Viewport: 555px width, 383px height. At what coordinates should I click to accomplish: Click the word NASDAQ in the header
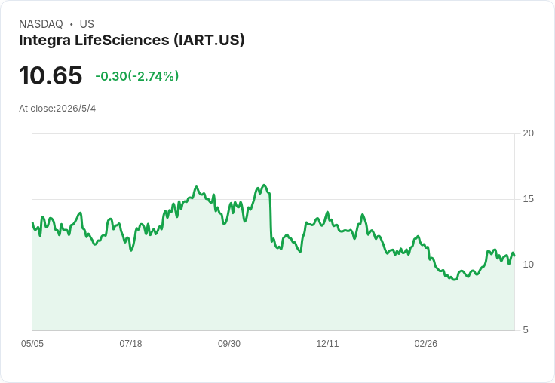click(41, 24)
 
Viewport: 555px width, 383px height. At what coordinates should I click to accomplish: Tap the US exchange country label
click(87, 24)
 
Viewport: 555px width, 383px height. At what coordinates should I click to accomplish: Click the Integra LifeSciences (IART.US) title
click(132, 41)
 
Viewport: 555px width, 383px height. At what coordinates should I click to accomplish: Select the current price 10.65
click(51, 75)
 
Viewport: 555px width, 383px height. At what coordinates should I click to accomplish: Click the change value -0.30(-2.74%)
click(137, 76)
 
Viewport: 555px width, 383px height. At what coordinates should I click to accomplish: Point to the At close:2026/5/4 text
click(57, 109)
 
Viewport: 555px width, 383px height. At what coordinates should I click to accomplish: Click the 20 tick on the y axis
click(528, 133)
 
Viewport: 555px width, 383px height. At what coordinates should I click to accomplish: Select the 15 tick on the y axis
click(528, 199)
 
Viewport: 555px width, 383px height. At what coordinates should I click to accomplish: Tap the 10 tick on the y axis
click(528, 265)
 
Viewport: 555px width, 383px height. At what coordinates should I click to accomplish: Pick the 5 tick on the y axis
click(526, 330)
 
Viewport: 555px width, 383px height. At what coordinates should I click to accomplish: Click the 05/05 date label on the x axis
click(32, 344)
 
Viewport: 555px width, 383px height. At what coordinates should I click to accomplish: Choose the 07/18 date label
click(130, 344)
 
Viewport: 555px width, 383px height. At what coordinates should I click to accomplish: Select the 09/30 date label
click(229, 344)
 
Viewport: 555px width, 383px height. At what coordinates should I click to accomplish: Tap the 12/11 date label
click(327, 344)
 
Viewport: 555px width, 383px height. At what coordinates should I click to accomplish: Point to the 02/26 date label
click(426, 344)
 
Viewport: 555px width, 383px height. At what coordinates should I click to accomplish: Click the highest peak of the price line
click(264, 185)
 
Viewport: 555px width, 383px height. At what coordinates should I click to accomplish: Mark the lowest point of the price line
click(455, 280)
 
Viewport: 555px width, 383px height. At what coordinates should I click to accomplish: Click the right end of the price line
click(514, 256)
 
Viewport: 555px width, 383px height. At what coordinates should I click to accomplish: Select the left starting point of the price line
click(32, 223)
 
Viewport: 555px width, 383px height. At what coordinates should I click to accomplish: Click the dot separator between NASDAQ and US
click(71, 24)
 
